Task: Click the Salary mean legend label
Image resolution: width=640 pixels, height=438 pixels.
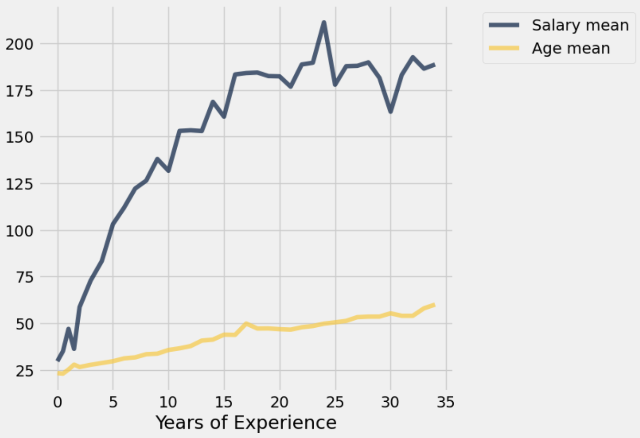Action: coord(580,25)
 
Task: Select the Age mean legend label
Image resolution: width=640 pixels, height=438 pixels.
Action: coord(571,48)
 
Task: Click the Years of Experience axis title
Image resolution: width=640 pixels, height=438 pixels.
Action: coord(246,423)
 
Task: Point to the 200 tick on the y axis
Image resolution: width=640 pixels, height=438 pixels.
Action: coord(19,44)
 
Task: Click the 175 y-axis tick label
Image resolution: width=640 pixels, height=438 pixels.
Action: coord(19,91)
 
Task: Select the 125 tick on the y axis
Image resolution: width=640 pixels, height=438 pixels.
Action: coord(19,184)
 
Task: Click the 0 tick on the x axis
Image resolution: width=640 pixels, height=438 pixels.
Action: coord(58,402)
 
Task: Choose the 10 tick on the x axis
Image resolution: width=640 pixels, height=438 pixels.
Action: coord(168,402)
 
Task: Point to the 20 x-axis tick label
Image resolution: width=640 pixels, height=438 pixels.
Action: coord(279,402)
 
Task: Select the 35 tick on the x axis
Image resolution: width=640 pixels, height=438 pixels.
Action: coord(446,402)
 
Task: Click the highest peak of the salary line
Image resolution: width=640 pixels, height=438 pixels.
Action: coord(324,22)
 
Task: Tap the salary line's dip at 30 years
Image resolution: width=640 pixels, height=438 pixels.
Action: coord(391,111)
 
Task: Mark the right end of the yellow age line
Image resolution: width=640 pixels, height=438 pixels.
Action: coord(434,304)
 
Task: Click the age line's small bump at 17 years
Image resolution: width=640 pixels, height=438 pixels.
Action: coord(246,324)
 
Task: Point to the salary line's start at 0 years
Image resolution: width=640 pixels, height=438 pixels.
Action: coord(58,360)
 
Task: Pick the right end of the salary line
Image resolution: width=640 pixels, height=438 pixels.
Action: coord(434,64)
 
